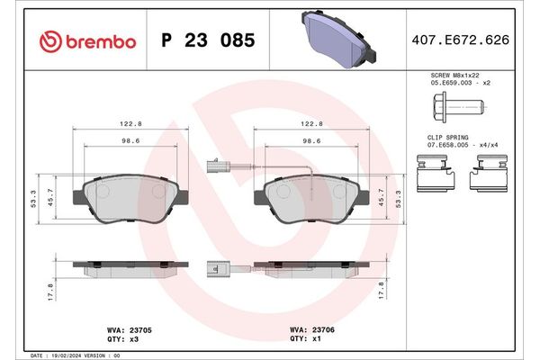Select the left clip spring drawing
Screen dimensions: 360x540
436,173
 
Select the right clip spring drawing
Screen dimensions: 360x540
489,173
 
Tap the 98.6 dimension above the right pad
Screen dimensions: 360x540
311,141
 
